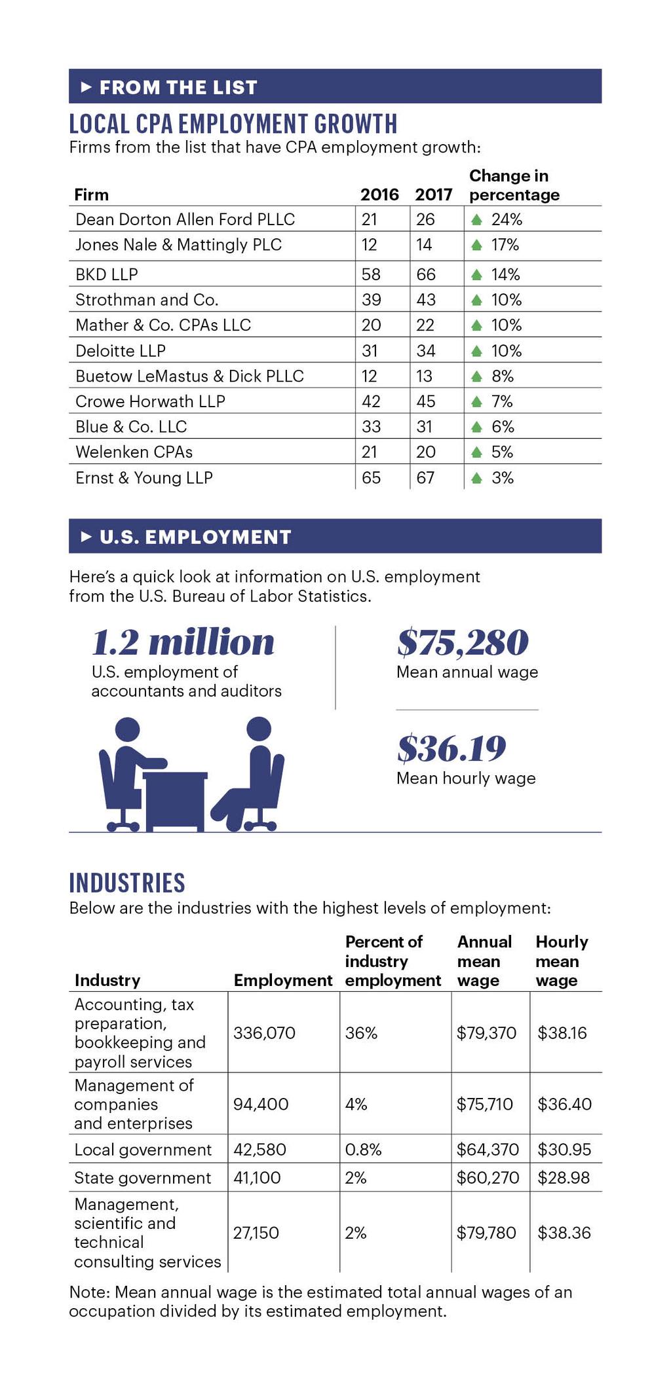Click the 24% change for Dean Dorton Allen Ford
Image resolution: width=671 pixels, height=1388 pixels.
point(506,219)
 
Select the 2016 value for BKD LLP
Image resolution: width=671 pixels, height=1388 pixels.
point(371,274)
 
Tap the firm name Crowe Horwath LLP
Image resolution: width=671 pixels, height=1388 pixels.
point(150,401)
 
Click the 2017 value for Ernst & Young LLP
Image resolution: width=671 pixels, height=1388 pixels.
point(425,478)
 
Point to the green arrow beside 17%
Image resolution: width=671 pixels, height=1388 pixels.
point(477,246)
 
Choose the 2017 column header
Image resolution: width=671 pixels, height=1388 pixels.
point(433,194)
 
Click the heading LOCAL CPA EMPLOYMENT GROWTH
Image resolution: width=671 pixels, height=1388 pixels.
point(233,124)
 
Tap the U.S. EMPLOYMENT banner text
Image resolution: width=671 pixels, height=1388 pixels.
point(195,537)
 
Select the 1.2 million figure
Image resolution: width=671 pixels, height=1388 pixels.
point(183,642)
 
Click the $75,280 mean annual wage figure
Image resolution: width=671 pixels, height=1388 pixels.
point(463,642)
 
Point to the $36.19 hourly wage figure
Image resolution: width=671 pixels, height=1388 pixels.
point(451,748)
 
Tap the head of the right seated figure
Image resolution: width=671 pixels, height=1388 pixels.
point(259,729)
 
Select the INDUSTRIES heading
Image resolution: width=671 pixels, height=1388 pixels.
point(127,883)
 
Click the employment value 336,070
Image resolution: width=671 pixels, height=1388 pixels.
point(264,1033)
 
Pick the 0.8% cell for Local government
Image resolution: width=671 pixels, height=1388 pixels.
point(363,1149)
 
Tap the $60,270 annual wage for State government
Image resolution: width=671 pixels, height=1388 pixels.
point(488,1178)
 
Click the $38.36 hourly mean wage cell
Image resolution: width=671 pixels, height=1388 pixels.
point(564,1233)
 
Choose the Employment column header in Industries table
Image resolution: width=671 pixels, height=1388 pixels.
point(283,980)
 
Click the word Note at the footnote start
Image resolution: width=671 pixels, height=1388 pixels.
point(88,1292)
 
